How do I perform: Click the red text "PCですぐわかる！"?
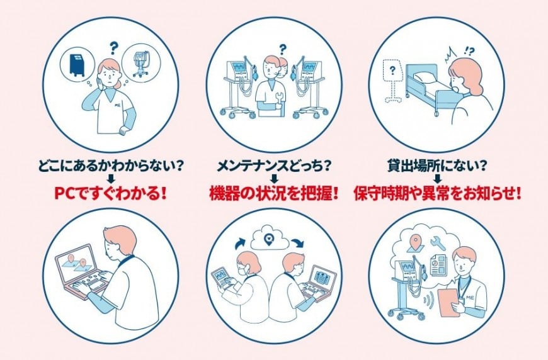(x=110, y=193)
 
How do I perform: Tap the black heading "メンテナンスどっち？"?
(x=274, y=166)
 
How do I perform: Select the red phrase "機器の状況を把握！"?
(x=274, y=193)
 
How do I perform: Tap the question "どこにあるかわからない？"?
(x=110, y=166)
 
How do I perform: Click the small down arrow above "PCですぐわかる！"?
(x=110, y=179)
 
